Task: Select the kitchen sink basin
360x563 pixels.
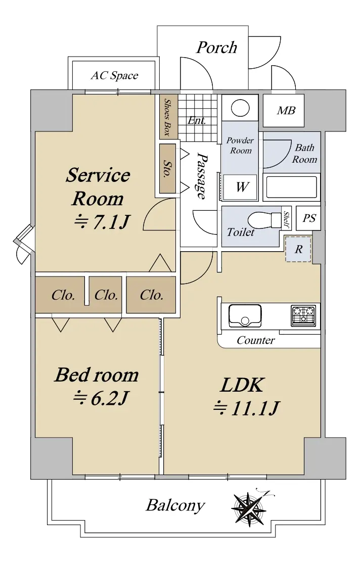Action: click(245, 315)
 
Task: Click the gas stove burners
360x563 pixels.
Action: click(303, 314)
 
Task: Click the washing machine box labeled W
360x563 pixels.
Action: click(242, 187)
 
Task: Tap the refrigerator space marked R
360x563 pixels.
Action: click(298, 249)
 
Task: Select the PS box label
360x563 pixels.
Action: click(308, 218)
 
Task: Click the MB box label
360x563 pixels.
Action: click(286, 110)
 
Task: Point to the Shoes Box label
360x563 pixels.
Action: click(167, 117)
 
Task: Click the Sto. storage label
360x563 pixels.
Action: click(167, 169)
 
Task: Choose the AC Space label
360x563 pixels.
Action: click(114, 76)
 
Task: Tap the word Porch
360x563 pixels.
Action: click(216, 48)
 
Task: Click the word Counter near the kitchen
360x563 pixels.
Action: click(256, 340)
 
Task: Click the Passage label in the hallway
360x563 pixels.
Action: click(201, 175)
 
